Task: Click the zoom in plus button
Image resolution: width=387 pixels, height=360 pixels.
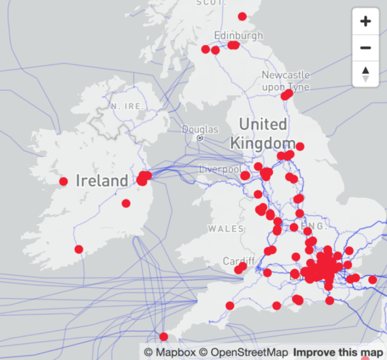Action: tap(365, 22)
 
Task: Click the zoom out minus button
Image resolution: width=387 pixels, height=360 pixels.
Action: tap(365, 48)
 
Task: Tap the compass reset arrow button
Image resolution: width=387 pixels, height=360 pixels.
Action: tap(365, 74)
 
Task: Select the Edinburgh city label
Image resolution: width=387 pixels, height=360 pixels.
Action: tap(238, 35)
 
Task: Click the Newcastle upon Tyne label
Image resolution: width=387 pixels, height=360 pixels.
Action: tap(286, 81)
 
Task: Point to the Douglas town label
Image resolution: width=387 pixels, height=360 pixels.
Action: tap(200, 129)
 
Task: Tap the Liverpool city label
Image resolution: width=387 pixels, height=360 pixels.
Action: tap(220, 168)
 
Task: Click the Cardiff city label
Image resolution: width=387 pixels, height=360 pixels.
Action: tap(239, 261)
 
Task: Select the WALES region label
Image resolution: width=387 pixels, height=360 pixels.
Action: tap(226, 229)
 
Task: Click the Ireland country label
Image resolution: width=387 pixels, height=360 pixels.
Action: tap(102, 181)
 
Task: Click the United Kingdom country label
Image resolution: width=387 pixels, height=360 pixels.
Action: tap(263, 133)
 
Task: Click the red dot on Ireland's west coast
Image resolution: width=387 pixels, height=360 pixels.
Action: tap(64, 181)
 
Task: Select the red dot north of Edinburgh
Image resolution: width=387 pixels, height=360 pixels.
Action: tap(242, 17)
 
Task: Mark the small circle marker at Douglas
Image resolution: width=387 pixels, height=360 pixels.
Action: tap(200, 137)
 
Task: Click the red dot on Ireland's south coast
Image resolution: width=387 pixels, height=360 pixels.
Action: tap(79, 249)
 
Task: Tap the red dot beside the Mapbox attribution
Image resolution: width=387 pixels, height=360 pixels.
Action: tap(164, 337)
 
